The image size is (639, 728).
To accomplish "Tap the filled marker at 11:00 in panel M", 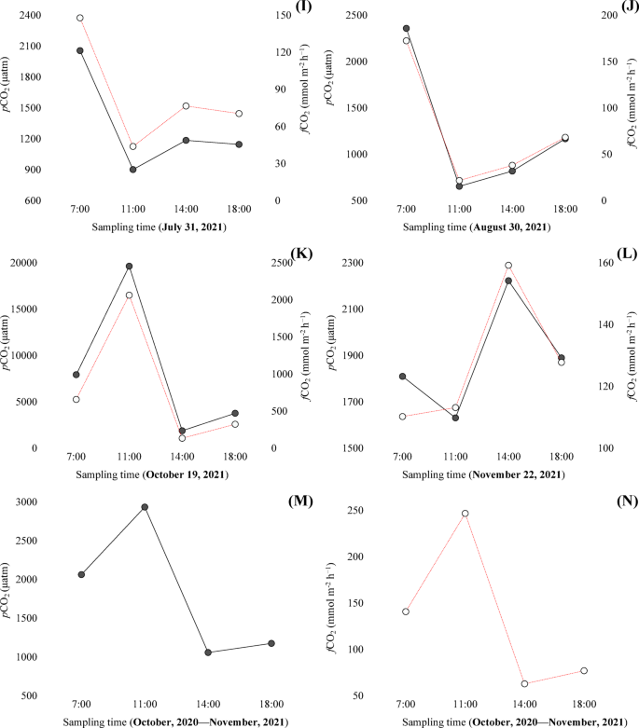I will coord(145,507).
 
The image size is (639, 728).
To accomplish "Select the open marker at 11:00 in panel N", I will coord(465,514).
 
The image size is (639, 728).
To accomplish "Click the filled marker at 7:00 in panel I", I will coord(80,50).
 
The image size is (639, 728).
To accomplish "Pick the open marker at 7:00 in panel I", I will coord(80,18).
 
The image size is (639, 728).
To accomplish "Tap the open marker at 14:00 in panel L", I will coord(508,266).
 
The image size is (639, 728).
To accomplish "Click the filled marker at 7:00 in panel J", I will coord(406,29).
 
